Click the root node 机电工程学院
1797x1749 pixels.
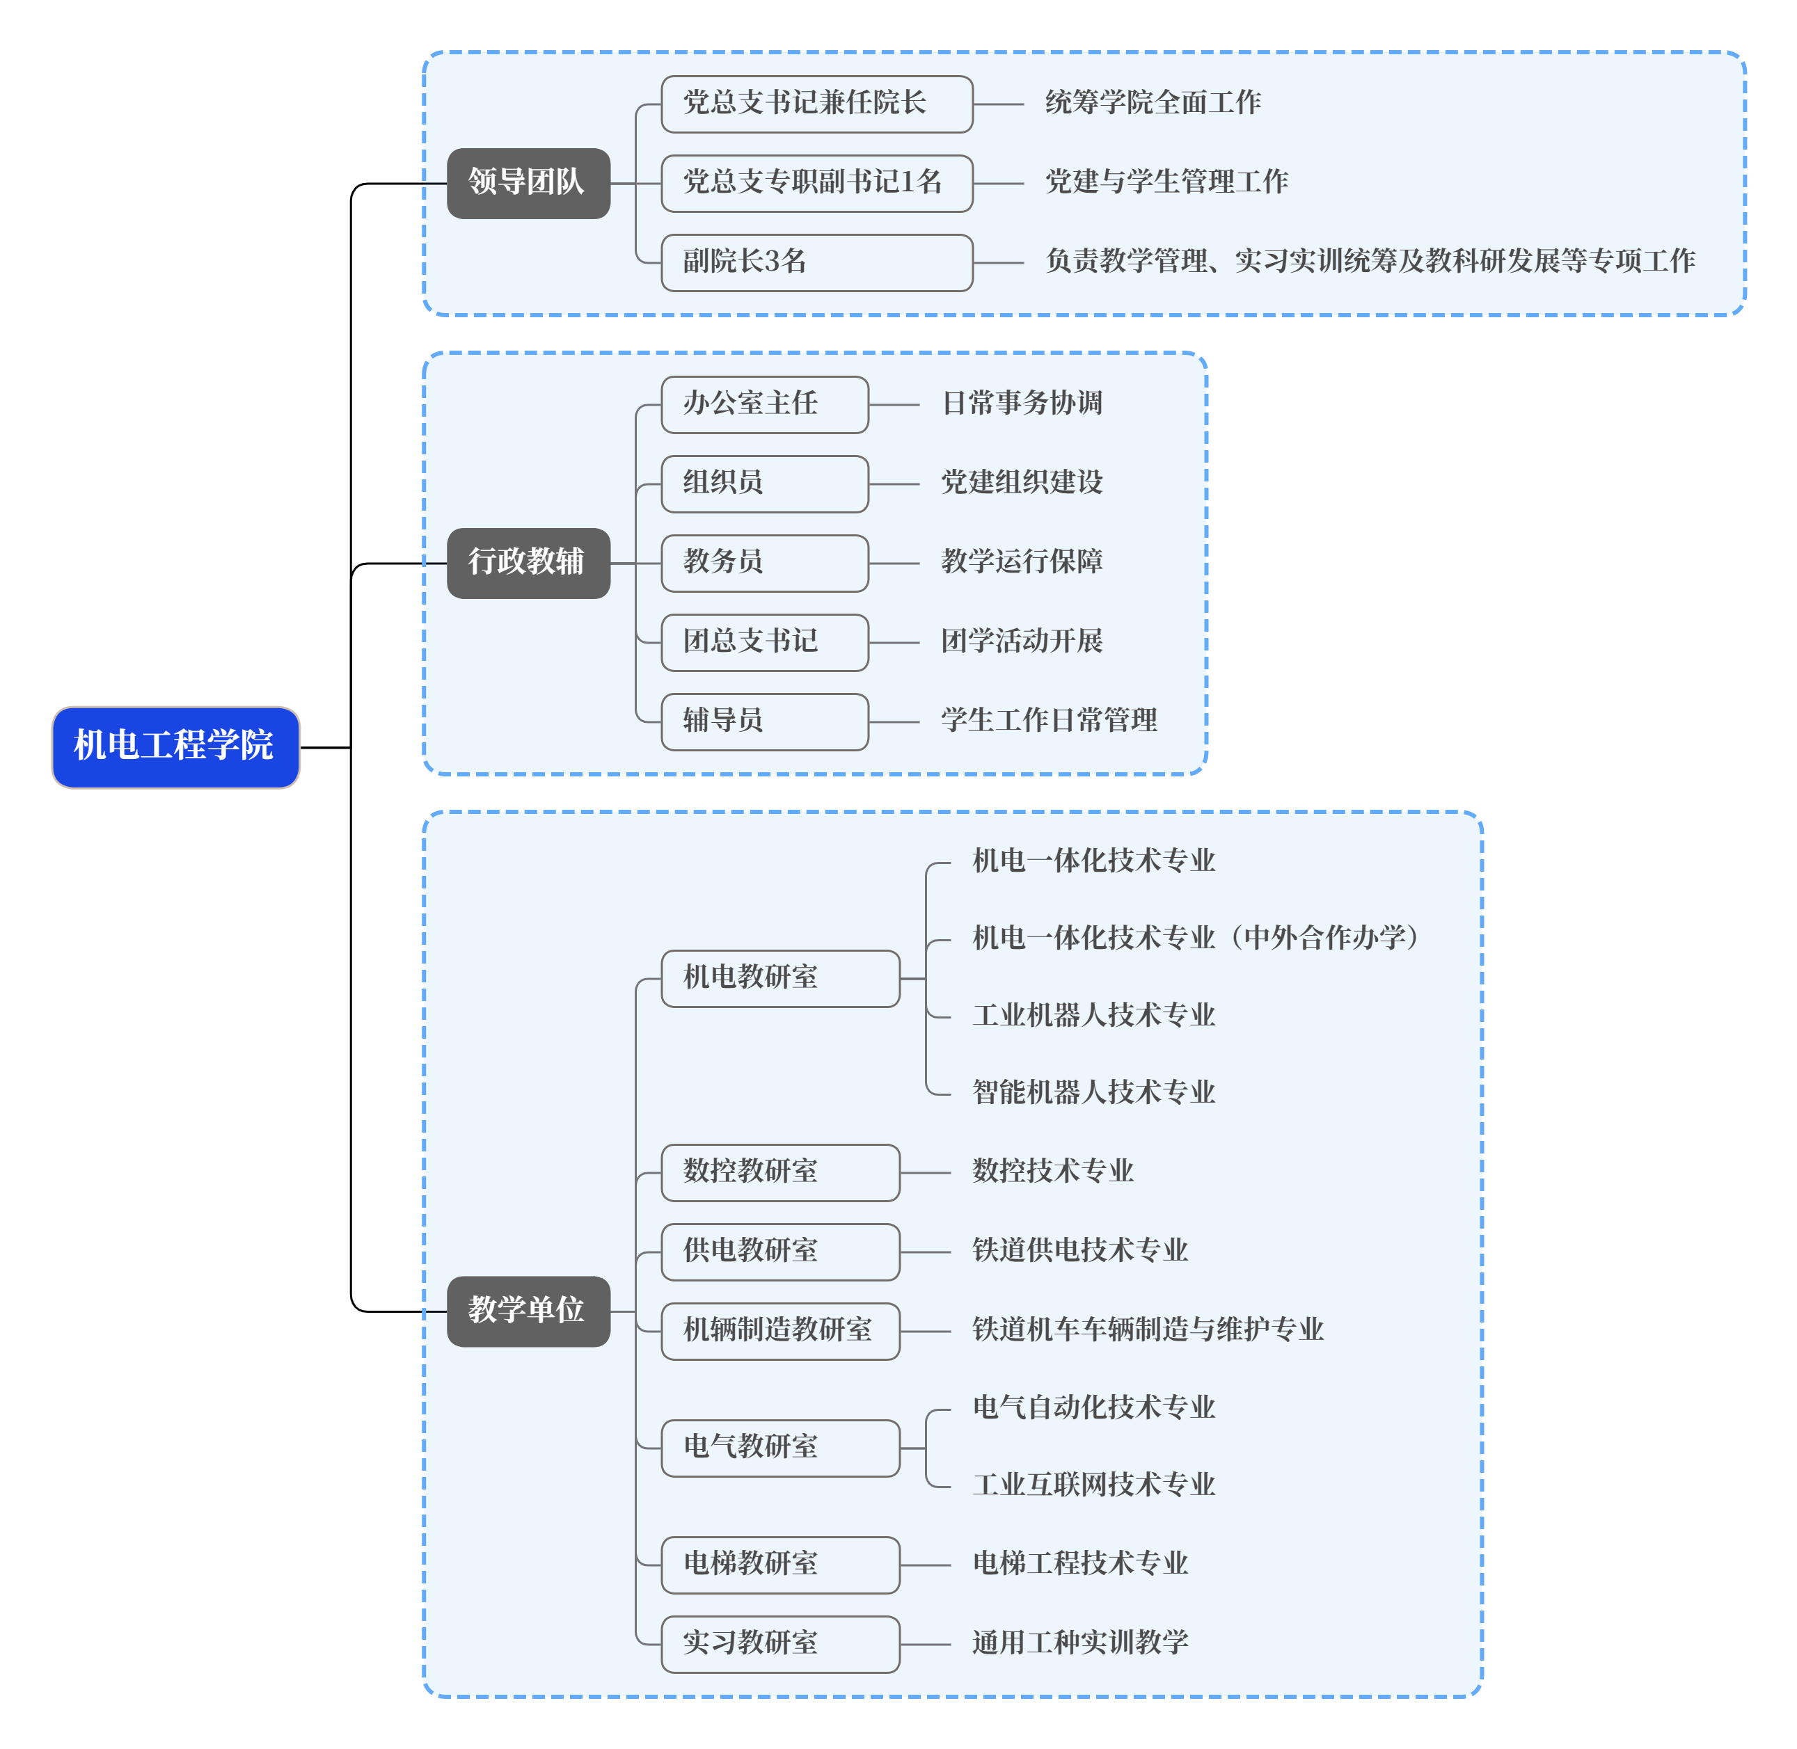coord(175,746)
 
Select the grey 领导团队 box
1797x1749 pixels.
coord(528,183)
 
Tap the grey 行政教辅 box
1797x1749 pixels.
coord(528,562)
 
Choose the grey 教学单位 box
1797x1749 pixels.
coord(528,1311)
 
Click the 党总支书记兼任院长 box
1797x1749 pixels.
coord(816,104)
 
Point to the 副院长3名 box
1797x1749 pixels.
coord(816,263)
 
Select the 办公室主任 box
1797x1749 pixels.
coord(764,404)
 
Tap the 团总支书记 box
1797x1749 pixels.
coord(764,642)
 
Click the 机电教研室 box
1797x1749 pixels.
coord(780,978)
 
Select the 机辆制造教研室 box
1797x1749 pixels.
coord(780,1330)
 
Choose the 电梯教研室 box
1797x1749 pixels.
coord(780,1565)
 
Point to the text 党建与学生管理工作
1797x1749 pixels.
coord(1166,182)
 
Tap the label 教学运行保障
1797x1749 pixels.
coord(1022,562)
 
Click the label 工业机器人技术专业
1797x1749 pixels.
coord(1093,1016)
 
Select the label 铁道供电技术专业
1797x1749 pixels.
coord(1079,1250)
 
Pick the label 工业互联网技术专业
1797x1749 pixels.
coord(1093,1485)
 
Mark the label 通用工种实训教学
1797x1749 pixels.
coord(1079,1643)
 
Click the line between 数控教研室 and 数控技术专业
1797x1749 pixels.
coord(925,1173)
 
